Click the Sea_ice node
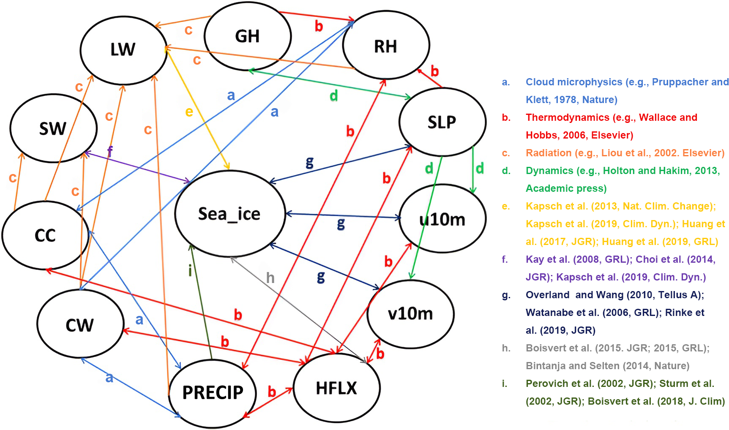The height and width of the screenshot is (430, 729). click(x=229, y=214)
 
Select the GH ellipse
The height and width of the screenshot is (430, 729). click(x=247, y=36)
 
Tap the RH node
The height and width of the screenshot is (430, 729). click(x=385, y=46)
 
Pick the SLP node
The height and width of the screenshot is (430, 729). click(x=442, y=122)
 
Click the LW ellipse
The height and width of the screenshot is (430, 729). click(x=123, y=49)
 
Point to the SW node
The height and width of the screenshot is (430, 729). click(x=53, y=128)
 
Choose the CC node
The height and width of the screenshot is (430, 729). click(x=45, y=235)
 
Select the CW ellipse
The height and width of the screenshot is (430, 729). click(x=79, y=325)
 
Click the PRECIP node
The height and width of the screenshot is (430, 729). click(x=213, y=392)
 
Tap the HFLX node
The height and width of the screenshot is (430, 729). click(x=336, y=388)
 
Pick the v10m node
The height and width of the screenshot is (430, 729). click(x=410, y=314)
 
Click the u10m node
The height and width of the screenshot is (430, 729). click(x=442, y=219)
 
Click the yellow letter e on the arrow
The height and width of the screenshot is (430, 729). click(x=189, y=112)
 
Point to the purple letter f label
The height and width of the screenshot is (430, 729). click(x=110, y=151)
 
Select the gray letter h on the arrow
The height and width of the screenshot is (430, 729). click(x=270, y=278)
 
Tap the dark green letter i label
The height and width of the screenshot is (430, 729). click(x=190, y=270)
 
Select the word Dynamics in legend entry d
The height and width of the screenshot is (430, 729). click(x=545, y=171)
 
